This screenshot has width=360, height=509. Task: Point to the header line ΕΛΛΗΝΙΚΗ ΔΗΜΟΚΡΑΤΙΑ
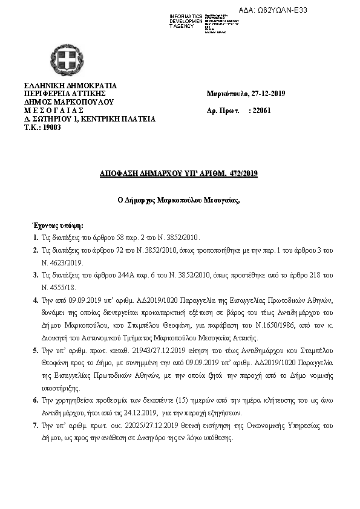point(70,85)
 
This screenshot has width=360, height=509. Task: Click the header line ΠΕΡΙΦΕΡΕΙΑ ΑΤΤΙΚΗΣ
point(65,94)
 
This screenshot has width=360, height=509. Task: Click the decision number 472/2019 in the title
point(244,173)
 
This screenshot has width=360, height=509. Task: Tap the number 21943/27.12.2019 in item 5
point(129,351)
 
